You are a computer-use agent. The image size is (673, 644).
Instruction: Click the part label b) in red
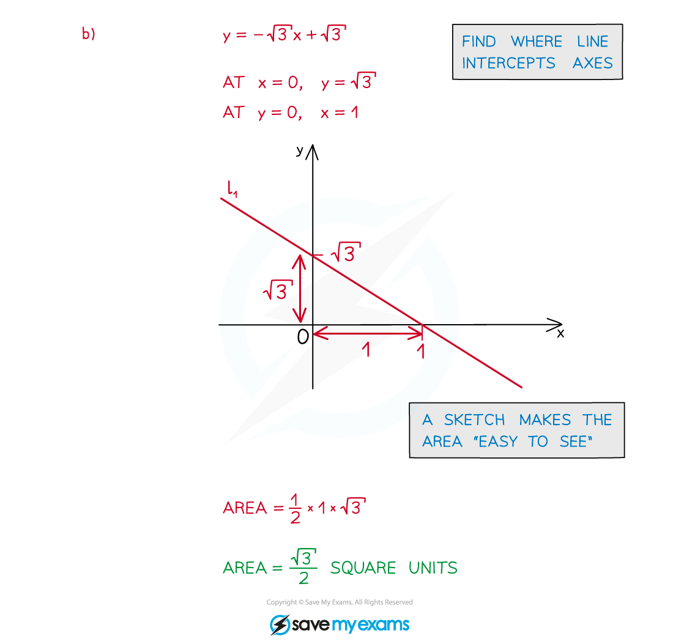pos(89,34)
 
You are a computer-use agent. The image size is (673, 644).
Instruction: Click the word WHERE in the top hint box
pos(536,42)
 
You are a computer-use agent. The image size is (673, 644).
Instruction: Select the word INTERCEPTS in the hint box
pos(508,63)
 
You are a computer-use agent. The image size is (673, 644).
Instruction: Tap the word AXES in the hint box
pos(593,63)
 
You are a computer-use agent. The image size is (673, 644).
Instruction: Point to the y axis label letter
pos(300,150)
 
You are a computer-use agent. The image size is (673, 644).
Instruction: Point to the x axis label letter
pos(560,333)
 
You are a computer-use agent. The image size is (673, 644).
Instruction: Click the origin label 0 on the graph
pos(303,337)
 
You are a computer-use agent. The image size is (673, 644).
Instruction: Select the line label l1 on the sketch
pos(232,188)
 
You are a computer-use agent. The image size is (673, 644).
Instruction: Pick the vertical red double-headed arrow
pos(300,288)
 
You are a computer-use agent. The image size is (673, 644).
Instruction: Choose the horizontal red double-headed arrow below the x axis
pos(368,333)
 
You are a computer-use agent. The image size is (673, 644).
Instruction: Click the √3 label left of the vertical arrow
pos(278,291)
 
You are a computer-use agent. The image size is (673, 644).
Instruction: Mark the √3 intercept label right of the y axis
pos(346,252)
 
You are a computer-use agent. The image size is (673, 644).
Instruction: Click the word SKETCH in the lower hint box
pos(474,420)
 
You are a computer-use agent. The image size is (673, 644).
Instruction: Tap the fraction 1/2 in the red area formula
pos(295,508)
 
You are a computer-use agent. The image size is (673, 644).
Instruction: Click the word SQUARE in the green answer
pos(363,568)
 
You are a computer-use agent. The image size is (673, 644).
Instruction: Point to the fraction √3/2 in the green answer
pos(303,566)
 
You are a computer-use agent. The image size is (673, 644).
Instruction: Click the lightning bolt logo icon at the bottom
pos(280,624)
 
